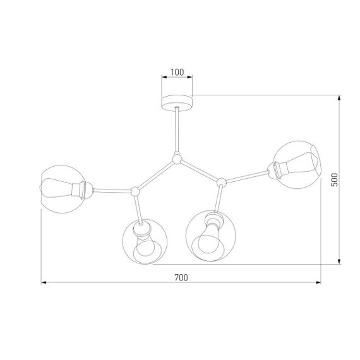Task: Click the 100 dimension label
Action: tap(177, 73)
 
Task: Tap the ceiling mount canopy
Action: tap(177, 101)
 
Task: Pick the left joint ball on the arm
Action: tap(135, 189)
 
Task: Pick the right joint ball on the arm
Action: tap(221, 183)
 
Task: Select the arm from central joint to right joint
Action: tap(200, 170)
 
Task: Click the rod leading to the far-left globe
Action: tap(112, 189)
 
